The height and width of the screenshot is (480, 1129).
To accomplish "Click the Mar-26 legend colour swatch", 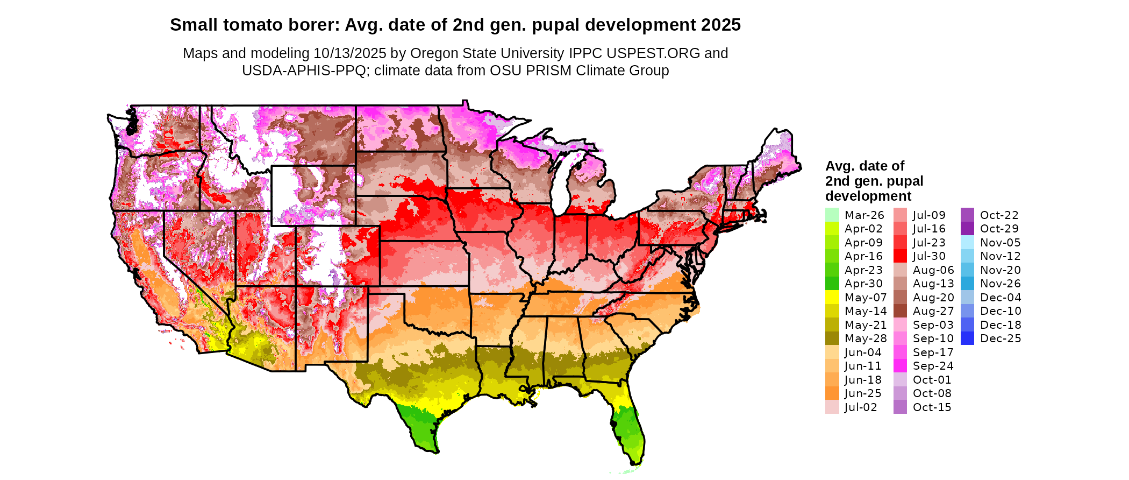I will coord(832,215).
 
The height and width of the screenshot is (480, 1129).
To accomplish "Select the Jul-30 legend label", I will coord(929,256).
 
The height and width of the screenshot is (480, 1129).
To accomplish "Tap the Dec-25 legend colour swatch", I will coord(967,338).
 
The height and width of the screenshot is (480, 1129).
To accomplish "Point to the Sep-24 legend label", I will coord(933,366).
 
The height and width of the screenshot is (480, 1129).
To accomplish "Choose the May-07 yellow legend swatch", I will coord(832,297).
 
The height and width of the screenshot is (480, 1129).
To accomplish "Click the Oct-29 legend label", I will coord(999,229).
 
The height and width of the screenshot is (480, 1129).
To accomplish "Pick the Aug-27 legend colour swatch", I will coord(900,311).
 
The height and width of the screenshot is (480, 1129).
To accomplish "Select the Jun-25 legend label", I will coord(863,393).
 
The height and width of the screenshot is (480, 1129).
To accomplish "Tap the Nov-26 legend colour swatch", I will coord(967,284).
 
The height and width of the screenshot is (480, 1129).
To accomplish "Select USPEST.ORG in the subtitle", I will coord(653,53).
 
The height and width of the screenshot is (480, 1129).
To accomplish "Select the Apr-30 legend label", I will coord(863,284).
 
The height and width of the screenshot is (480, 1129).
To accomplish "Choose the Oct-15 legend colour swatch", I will coord(900,407).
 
